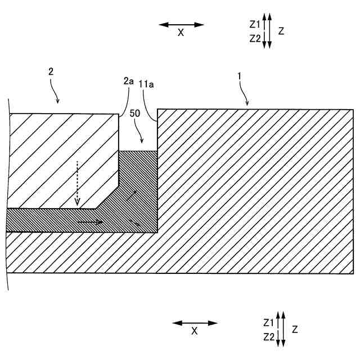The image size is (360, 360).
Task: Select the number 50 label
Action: point(135,112)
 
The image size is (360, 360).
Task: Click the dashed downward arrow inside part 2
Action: point(78,183)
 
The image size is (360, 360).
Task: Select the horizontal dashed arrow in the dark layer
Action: point(89,222)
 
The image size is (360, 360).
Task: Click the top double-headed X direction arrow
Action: point(181,25)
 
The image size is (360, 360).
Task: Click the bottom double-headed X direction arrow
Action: point(195,323)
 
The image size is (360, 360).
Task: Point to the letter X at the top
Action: point(181,33)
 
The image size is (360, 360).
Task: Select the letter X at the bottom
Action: point(195,331)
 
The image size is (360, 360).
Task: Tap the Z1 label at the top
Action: point(254,25)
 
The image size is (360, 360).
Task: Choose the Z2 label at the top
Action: point(254,38)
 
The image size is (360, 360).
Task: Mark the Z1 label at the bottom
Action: point(269,323)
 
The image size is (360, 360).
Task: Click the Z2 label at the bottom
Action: point(269,336)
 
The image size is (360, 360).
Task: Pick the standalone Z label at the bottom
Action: point(295,329)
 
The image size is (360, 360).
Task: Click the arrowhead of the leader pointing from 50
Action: point(142,141)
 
